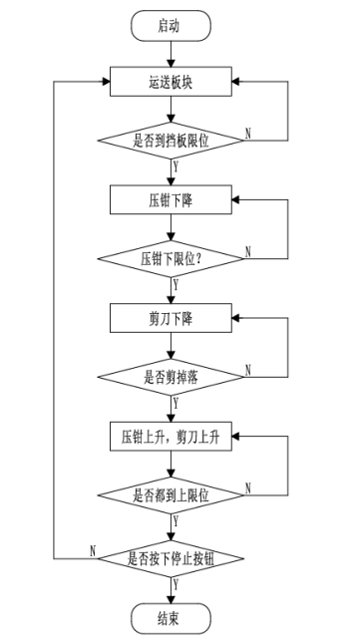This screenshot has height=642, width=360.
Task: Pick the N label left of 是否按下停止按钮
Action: click(x=92, y=547)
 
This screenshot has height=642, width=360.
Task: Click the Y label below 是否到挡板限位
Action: click(x=176, y=165)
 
